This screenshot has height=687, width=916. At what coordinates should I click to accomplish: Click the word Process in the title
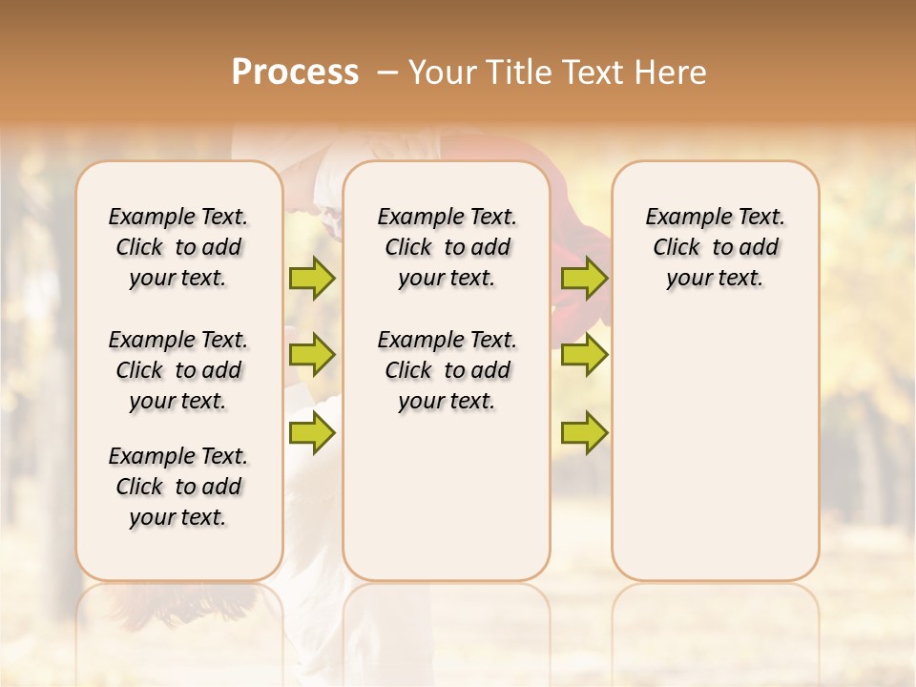[x=295, y=73]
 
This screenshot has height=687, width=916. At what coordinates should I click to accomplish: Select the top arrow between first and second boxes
[x=312, y=278]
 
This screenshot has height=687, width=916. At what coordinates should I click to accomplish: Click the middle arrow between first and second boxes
[x=312, y=355]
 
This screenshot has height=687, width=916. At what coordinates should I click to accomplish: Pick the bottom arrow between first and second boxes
[x=312, y=434]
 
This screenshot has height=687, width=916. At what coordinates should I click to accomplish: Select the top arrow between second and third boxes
[x=584, y=278]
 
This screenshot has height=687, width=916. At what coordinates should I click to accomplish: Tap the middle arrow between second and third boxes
[x=584, y=355]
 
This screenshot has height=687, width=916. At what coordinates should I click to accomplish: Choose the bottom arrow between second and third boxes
[x=584, y=434]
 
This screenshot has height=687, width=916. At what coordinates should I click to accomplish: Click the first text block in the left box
[x=178, y=247]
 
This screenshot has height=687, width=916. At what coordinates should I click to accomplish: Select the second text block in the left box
[x=178, y=370]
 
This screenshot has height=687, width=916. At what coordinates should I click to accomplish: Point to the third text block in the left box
[x=178, y=487]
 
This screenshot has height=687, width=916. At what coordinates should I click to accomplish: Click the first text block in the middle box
[x=447, y=247]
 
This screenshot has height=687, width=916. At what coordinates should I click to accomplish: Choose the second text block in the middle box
[x=447, y=370]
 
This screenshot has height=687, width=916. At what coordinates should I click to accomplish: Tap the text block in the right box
[x=716, y=247]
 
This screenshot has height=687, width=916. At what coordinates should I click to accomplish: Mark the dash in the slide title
[x=387, y=73]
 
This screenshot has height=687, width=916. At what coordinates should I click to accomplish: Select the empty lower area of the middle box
[x=447, y=496]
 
